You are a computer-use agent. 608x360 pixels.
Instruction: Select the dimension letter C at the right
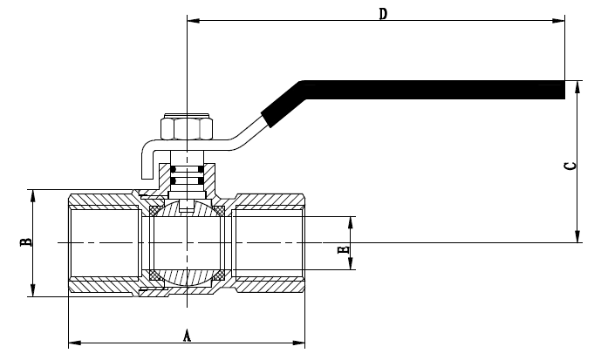569,166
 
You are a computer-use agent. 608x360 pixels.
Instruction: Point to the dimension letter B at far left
27,242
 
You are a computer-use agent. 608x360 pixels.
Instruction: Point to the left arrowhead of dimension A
72,340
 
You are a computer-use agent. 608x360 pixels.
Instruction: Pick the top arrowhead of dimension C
577,85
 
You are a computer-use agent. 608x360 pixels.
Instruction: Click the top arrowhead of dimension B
33,194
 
